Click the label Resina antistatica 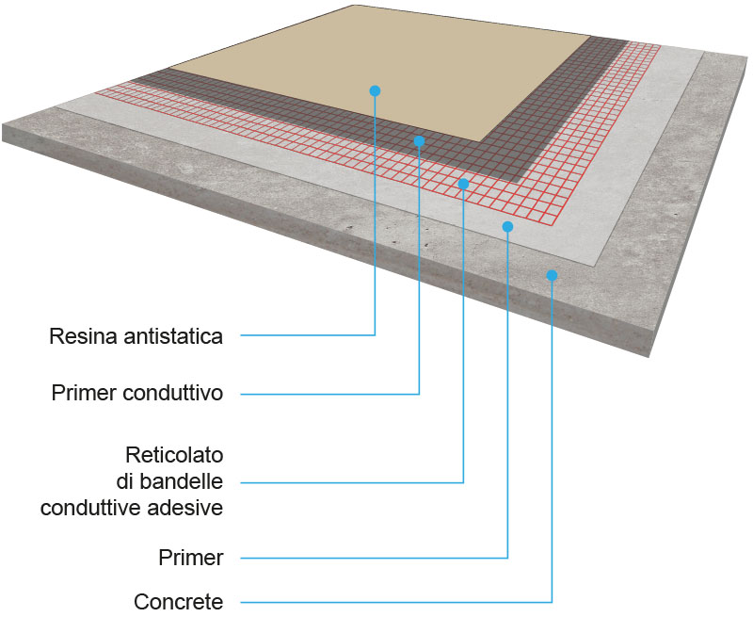point(136,336)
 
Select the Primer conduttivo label point(137,394)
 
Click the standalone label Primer point(191,558)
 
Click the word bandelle point(185,482)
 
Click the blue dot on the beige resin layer point(375,90)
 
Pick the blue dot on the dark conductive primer point(419,140)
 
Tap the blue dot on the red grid point(463,184)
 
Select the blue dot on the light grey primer point(507,226)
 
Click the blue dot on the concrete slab point(552,275)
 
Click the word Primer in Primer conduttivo point(84,394)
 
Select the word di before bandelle point(134,482)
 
